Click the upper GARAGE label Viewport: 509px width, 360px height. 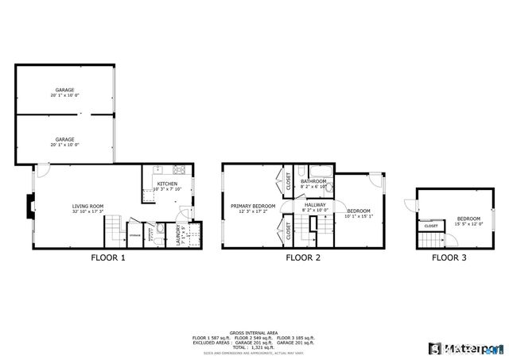point(65,89)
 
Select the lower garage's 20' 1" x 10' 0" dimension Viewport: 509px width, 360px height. point(65,145)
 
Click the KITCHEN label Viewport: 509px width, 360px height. point(167,184)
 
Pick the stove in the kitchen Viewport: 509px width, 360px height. point(179,169)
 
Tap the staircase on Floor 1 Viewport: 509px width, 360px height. point(115,233)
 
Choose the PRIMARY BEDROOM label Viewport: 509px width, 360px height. point(253,206)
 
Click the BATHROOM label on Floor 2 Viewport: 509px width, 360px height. point(313,181)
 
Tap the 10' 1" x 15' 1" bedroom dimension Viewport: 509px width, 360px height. point(359,215)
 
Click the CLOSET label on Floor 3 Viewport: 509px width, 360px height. point(430,226)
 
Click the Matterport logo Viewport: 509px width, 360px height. point(466,347)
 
